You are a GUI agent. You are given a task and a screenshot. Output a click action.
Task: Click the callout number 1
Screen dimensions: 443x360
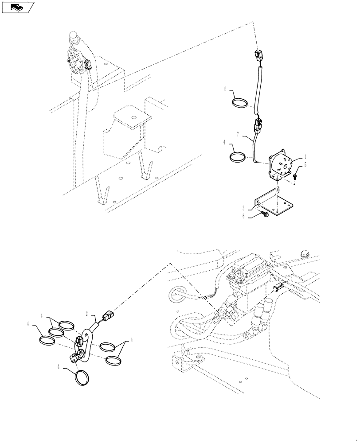click(x=305, y=157)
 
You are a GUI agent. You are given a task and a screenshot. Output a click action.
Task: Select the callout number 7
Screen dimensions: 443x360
click(x=238, y=133)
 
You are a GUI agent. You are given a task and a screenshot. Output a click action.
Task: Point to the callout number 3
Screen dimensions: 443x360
click(x=243, y=208)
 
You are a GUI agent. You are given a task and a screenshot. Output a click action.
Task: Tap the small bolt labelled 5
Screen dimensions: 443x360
click(x=296, y=176)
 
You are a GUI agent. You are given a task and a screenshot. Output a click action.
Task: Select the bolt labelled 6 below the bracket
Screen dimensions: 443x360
click(x=265, y=215)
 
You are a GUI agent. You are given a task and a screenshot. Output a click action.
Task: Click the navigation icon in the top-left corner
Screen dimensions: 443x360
click(x=18, y=7)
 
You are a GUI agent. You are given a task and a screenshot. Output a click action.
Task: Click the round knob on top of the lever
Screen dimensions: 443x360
click(x=73, y=36)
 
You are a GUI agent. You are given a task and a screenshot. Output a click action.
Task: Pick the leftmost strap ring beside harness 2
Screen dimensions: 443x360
click(x=47, y=340)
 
